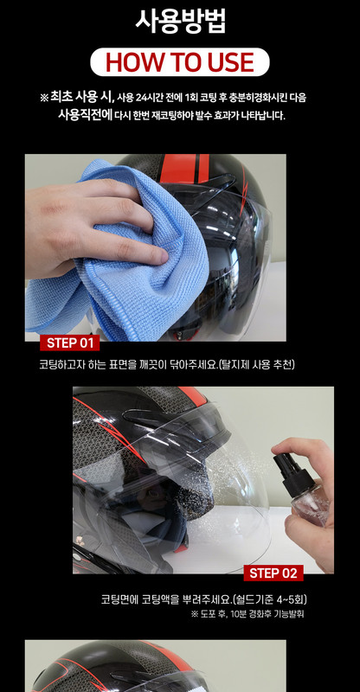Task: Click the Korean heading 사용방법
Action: pyautogui.click(x=180, y=21)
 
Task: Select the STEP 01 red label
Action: pyautogui.click(x=69, y=343)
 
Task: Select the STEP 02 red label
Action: pyautogui.click(x=273, y=573)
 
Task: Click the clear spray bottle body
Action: pyautogui.click(x=312, y=507)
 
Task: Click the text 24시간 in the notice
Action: pyautogui.click(x=148, y=97)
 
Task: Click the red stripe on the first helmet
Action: pyautogui.click(x=183, y=168)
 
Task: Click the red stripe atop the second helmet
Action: pyautogui.click(x=192, y=395)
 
